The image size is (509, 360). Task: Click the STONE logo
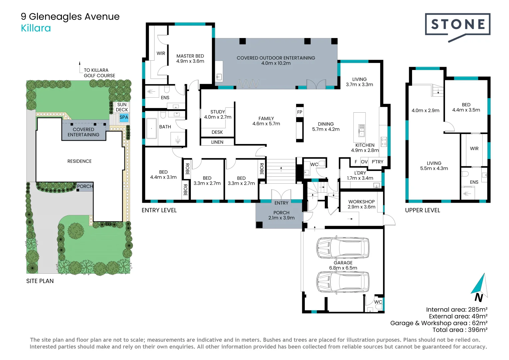point(457,25)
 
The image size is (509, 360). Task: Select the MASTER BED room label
point(190,58)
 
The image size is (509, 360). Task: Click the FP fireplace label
point(300,112)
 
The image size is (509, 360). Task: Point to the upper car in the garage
point(342,248)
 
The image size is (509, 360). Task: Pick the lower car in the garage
point(342,282)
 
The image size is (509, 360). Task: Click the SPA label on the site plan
point(124,117)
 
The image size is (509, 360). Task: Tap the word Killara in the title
point(36,28)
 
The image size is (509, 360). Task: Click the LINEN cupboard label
point(217,142)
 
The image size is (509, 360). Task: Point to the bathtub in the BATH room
point(152,128)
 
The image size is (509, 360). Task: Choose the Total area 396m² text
point(460,330)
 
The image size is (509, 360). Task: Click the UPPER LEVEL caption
point(422,210)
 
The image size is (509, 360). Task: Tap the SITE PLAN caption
point(40,281)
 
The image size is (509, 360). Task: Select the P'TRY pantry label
point(377,162)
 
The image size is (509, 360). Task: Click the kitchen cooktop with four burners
point(384,142)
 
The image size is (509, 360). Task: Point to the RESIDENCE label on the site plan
point(79,161)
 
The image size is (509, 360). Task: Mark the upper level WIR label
point(474,149)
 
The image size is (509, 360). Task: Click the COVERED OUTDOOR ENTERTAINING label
point(276,60)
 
